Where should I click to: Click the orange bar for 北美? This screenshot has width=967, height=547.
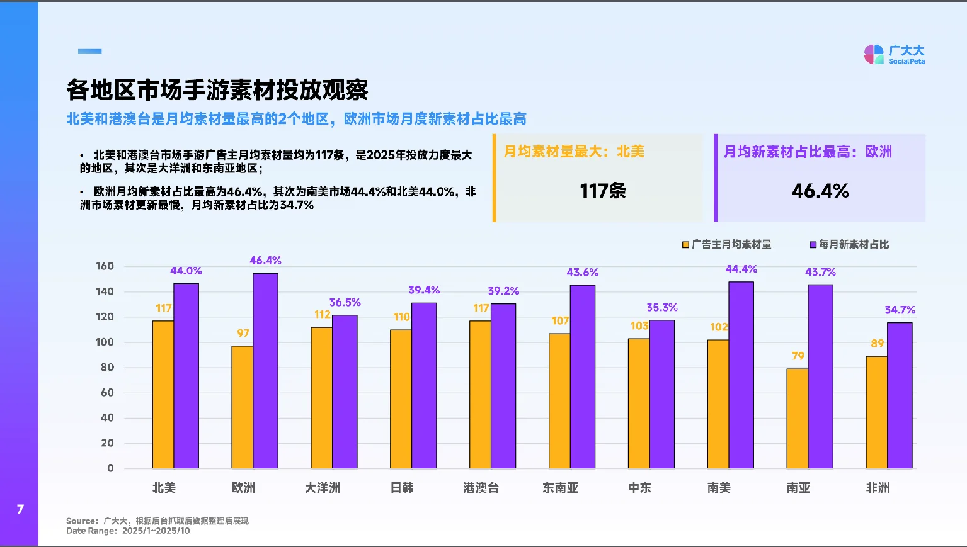163,395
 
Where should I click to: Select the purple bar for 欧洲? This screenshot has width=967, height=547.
265,371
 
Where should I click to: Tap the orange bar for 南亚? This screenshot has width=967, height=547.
797,419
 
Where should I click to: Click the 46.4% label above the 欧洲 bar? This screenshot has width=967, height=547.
265,261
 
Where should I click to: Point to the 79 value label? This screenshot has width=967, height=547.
798,356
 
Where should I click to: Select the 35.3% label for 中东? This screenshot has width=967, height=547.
661,308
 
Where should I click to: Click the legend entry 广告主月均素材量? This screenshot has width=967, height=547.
727,244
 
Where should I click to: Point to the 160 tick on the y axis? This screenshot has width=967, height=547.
105,266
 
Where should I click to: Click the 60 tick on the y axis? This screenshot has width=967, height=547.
107,393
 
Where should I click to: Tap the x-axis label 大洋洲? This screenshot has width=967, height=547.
323,488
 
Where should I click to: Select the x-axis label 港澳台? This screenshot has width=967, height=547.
481,488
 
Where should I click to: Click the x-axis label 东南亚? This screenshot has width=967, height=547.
560,488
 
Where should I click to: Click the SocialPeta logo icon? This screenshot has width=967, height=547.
874,55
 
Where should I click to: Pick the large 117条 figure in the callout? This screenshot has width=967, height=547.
602,191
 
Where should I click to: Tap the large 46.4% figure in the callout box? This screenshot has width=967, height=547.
820,191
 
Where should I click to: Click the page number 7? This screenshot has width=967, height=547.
20,509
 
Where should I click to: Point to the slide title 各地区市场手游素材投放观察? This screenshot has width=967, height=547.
217,91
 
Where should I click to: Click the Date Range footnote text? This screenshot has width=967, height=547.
128,531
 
